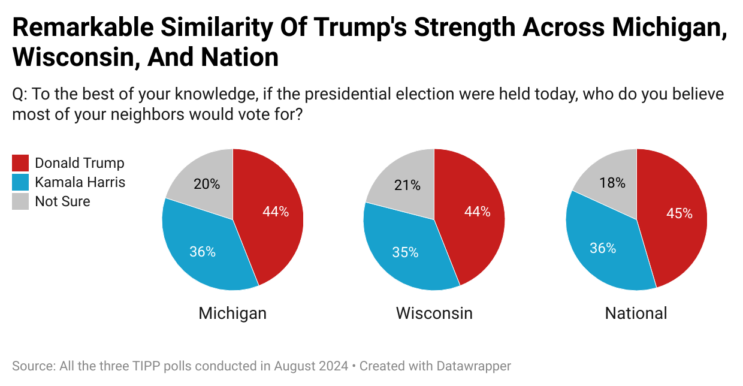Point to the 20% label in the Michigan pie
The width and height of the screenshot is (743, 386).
point(207,185)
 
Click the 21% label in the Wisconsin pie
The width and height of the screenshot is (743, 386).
point(407,185)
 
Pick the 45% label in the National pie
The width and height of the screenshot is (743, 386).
point(679,213)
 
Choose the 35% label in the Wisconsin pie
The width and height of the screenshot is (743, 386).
point(406,252)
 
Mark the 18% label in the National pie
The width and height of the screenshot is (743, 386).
point(612,183)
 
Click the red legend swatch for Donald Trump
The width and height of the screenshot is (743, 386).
point(20,163)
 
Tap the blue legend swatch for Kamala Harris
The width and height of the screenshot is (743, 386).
point(20,182)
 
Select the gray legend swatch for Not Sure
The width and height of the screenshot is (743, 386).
point(20,201)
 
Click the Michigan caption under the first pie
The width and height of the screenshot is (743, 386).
point(232,313)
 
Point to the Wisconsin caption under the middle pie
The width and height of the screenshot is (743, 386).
point(434,313)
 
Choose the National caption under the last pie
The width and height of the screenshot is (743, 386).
point(636,313)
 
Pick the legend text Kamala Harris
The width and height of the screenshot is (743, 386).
point(80,182)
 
